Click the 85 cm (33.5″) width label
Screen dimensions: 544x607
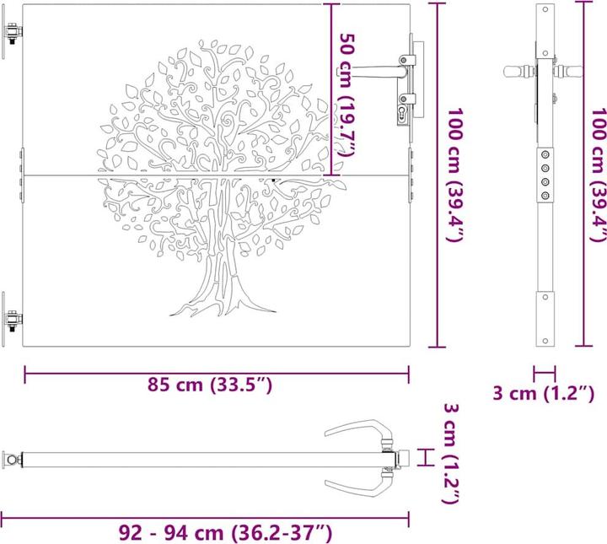tap(209, 385)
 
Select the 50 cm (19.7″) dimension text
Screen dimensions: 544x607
tap(346, 93)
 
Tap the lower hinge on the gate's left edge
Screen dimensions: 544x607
tap(13, 320)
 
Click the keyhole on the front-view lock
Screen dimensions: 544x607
tap(400, 110)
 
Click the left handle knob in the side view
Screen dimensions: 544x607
tap(511, 72)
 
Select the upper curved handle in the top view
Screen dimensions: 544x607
tap(353, 432)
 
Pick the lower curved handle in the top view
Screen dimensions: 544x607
tap(353, 486)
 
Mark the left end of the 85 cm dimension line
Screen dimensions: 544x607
tap(24, 368)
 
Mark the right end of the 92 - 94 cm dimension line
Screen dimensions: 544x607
tap(410, 515)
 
